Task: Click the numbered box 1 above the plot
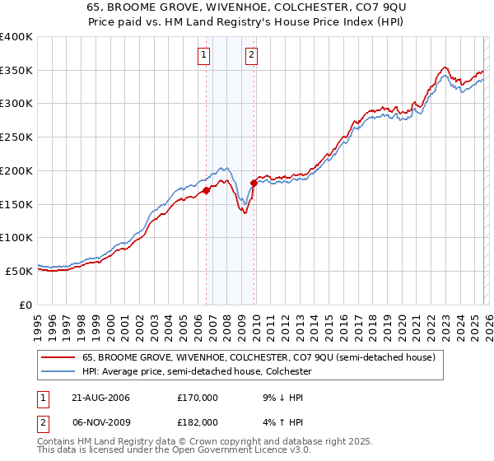203,56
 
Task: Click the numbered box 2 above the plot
250,56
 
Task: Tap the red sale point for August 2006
207,190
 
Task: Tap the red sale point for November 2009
254,183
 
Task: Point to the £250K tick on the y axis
16,137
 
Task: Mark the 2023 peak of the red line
445,68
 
